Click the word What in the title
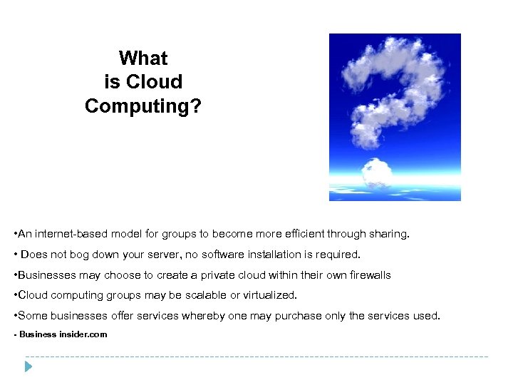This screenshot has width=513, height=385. coord(143,58)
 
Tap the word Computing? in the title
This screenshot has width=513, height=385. coord(143,106)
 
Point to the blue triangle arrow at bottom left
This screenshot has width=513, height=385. coord(28,367)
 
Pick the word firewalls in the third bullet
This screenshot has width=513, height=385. coord(367,274)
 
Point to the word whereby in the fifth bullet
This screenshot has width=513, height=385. coord(205,315)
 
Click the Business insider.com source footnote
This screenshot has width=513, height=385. coord(61,334)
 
